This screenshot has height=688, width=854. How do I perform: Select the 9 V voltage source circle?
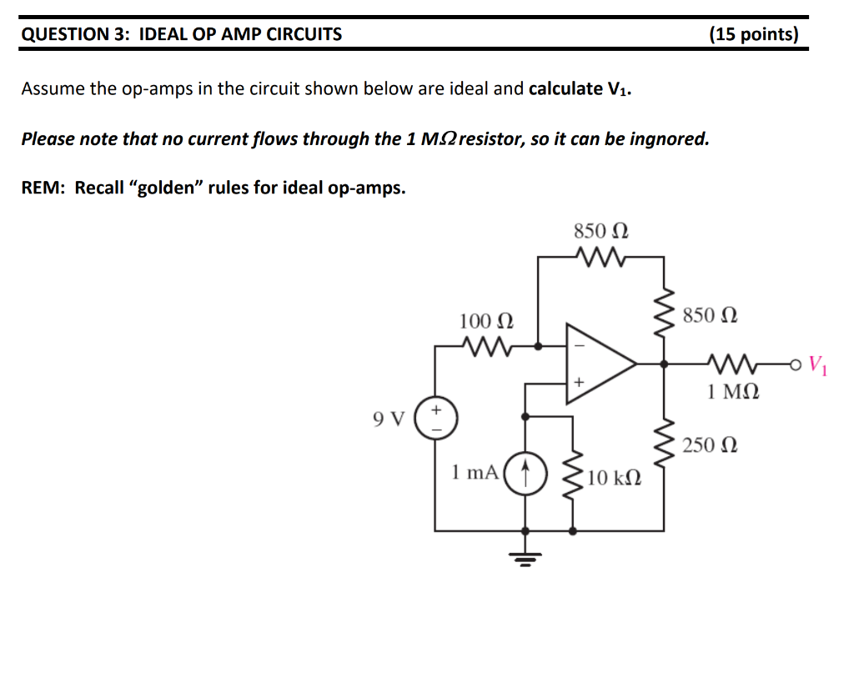click(x=435, y=418)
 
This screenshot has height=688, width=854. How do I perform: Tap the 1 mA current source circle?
click(x=525, y=475)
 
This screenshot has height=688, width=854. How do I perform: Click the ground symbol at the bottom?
click(x=525, y=554)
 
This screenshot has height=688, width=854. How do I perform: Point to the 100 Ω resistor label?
click(x=486, y=320)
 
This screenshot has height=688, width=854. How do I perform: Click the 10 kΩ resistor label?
click(x=614, y=478)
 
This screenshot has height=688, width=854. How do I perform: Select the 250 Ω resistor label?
click(x=709, y=445)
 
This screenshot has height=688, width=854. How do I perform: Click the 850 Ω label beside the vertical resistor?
click(x=709, y=316)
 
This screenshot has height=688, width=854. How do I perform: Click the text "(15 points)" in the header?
click(x=753, y=34)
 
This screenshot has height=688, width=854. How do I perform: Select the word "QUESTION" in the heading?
click(x=61, y=34)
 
